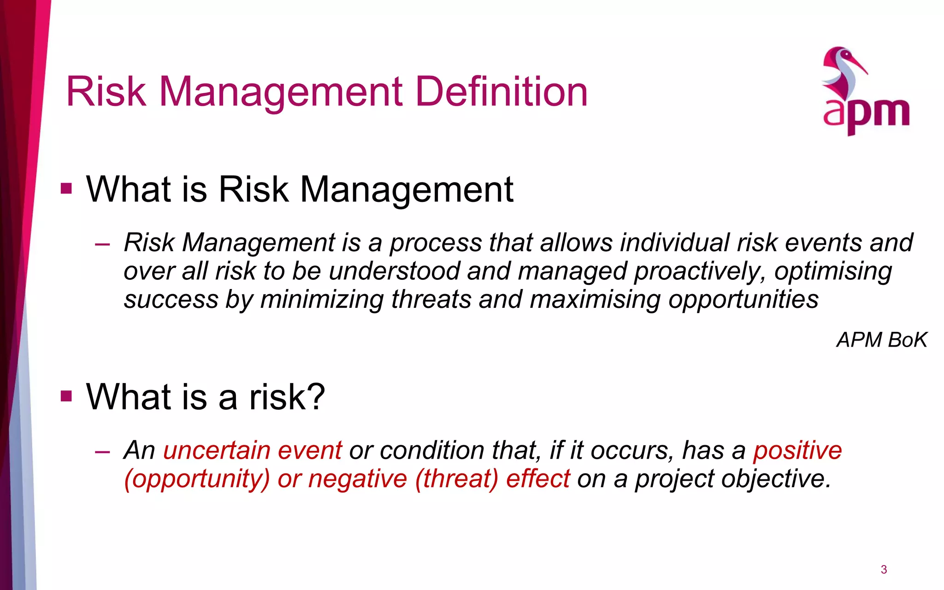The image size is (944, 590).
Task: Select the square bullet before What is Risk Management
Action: [x=66, y=189]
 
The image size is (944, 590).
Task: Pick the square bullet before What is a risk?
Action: [x=66, y=396]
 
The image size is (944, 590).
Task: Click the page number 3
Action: [x=884, y=570]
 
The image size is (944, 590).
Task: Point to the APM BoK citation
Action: [x=881, y=340]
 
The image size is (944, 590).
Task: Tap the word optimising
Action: [x=833, y=271]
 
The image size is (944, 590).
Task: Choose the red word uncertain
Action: [x=216, y=450]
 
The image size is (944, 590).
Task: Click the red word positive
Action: [x=797, y=450]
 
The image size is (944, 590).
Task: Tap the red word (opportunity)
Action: [x=197, y=479]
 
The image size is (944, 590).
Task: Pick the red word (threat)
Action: [x=456, y=479]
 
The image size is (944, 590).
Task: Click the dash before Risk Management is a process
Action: [x=102, y=244]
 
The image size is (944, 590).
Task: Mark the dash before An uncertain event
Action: [x=102, y=451]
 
